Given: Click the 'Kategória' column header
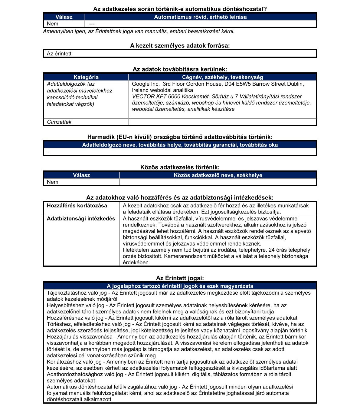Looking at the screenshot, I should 86,77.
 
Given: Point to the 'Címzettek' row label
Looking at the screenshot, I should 59,122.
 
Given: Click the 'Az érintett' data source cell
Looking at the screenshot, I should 59,54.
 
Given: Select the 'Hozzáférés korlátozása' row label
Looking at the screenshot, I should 77,206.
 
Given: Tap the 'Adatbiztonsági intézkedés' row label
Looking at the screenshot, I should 81,219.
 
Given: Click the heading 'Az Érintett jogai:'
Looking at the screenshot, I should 180,278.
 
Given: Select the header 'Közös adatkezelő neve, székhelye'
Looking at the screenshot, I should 218,175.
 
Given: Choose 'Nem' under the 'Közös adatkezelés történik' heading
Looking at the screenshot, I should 52,182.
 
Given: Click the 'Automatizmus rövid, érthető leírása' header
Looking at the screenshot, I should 200,17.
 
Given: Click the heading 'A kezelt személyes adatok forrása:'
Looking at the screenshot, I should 180,46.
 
